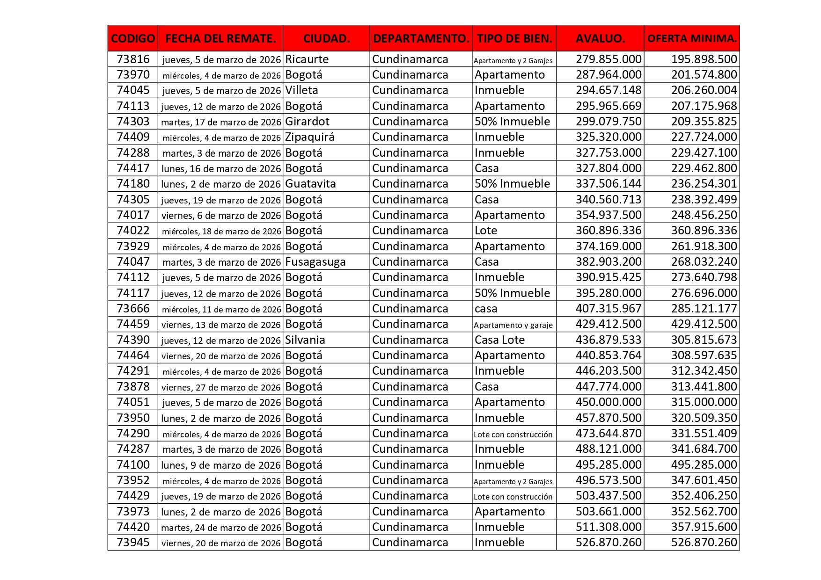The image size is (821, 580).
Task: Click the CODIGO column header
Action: click(x=133, y=38)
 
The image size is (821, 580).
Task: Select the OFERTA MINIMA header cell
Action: click(x=692, y=38)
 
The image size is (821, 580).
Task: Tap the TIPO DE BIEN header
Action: click(x=514, y=38)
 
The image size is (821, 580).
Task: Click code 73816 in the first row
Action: click(x=133, y=59)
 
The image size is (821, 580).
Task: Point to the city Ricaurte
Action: click(x=307, y=59)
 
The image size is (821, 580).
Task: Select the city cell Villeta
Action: click(x=301, y=90)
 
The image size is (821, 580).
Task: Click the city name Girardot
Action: click(x=307, y=122)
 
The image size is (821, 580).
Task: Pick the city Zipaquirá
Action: click(x=310, y=137)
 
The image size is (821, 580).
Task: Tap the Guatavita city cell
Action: click(x=310, y=184)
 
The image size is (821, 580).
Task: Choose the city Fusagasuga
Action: click(x=315, y=262)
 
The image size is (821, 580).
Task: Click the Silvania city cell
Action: click(x=305, y=340)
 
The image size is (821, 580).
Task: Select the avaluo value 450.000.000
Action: click(x=608, y=402)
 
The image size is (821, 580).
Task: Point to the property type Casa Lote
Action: click(x=499, y=340)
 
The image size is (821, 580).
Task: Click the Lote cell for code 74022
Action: click(x=486, y=231)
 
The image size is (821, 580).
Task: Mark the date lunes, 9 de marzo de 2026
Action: click(x=221, y=465)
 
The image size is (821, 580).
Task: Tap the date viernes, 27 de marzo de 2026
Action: click(x=221, y=387)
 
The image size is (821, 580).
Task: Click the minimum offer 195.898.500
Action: click(x=704, y=59)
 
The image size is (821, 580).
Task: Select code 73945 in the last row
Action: click(x=133, y=543)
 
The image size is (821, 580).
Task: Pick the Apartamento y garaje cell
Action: click(x=513, y=325)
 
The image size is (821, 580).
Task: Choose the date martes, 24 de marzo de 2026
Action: click(x=221, y=528)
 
